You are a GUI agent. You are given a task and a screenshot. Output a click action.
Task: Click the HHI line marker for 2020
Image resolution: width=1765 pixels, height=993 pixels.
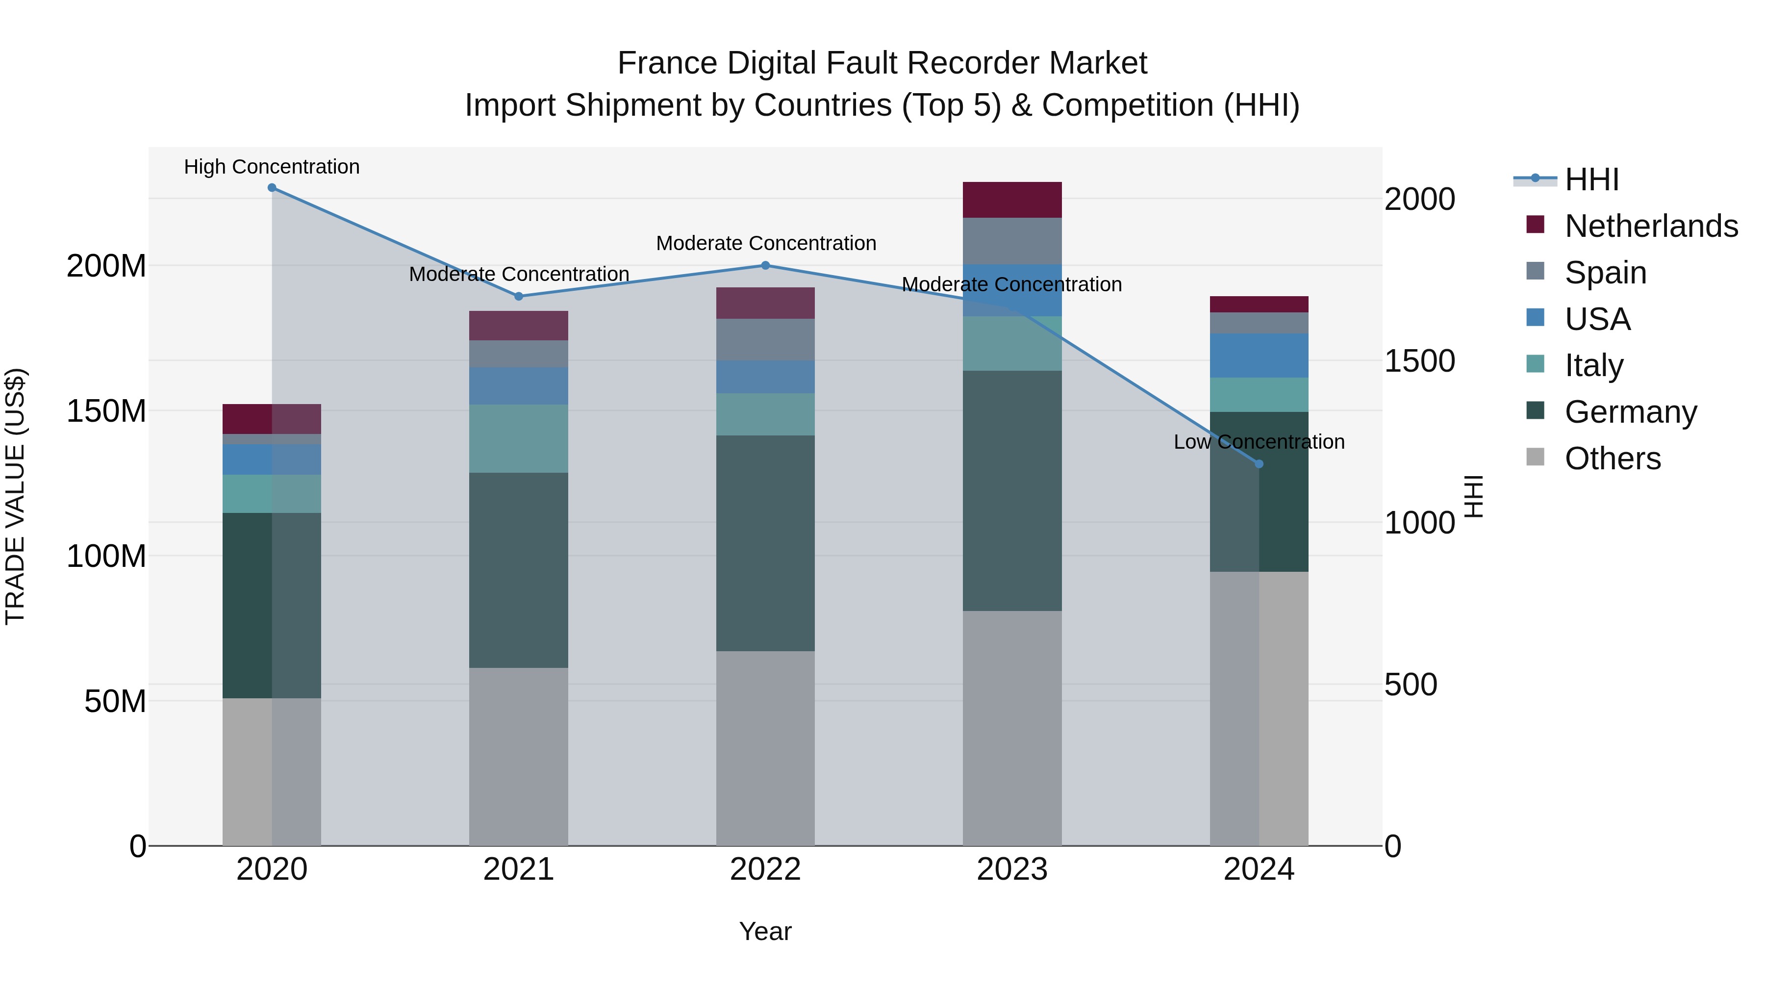(x=272, y=188)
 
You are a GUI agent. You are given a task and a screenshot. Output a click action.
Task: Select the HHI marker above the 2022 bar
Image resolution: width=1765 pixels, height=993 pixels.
(x=765, y=265)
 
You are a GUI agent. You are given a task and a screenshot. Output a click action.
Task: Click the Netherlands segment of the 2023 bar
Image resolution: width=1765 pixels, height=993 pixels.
(x=1012, y=200)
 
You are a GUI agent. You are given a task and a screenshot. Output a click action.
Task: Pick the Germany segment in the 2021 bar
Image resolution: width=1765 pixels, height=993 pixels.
(x=519, y=570)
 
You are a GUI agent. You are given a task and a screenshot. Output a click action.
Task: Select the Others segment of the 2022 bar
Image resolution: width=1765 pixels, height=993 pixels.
(x=765, y=748)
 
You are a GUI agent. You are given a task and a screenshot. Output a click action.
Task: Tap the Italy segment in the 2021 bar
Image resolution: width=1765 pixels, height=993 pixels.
(x=519, y=438)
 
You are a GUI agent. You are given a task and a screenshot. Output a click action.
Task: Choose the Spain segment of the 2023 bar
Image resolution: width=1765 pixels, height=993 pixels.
(x=1012, y=241)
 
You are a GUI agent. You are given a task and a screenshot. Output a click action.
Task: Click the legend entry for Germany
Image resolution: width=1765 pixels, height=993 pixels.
(x=1630, y=412)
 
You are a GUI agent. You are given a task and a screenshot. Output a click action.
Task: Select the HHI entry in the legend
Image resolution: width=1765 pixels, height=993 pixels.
(x=1591, y=179)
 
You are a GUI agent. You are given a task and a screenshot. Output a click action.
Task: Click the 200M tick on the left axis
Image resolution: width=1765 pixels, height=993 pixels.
(x=106, y=266)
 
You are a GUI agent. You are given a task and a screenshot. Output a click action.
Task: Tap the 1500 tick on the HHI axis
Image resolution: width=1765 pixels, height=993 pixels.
(x=1419, y=361)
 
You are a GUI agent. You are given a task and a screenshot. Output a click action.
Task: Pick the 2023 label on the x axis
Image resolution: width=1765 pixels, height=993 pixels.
(x=1012, y=869)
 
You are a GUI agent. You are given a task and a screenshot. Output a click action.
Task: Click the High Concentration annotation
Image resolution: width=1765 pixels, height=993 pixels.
(x=272, y=167)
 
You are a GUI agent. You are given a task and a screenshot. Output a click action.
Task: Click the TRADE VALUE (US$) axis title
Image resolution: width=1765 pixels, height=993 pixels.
(x=15, y=496)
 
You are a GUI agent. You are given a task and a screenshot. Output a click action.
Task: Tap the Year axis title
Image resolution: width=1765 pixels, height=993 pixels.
(x=765, y=931)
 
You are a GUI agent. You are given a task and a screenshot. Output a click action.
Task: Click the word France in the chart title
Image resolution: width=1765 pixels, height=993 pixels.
(x=668, y=63)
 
